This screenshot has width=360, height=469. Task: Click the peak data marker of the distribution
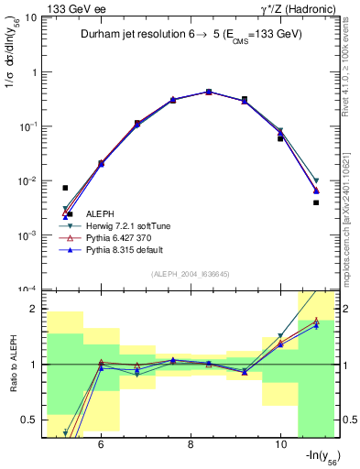209,92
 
